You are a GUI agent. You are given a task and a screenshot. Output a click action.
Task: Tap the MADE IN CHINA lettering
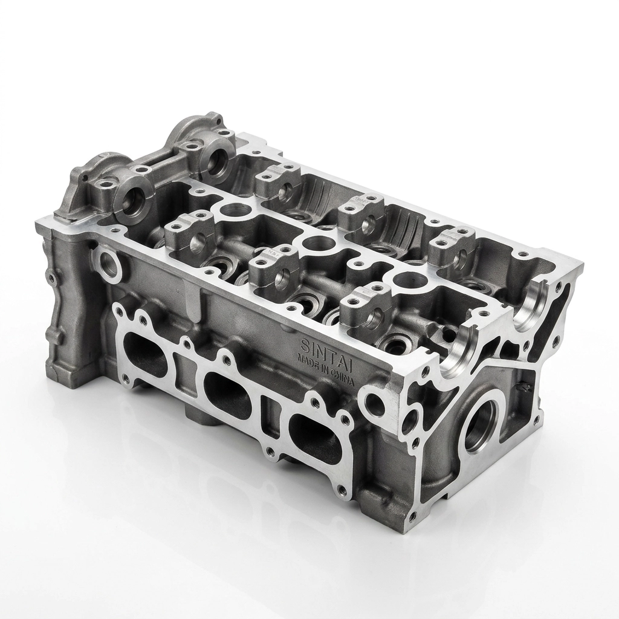326,366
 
